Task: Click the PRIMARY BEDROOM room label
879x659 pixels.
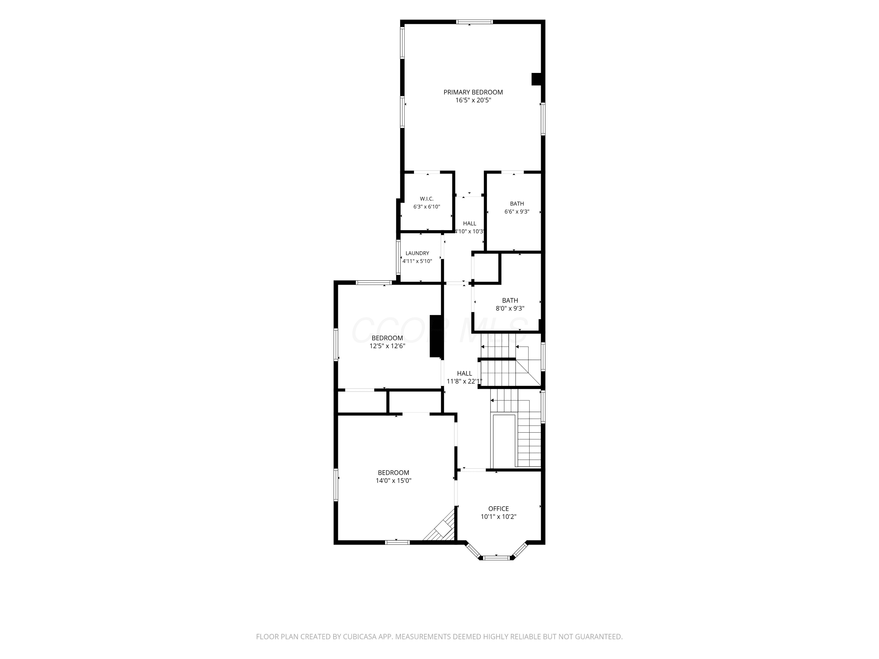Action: coord(473,92)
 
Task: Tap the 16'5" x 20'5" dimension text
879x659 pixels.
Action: coord(473,100)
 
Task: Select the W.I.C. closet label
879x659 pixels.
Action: coord(427,199)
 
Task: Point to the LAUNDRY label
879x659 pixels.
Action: coord(417,253)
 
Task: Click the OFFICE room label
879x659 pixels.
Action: coord(498,508)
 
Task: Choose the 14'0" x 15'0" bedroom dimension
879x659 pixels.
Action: coord(393,481)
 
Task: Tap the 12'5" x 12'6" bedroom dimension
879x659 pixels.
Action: coord(387,346)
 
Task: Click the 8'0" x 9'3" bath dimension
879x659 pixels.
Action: coord(510,308)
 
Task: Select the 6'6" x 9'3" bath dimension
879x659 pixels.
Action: coord(517,212)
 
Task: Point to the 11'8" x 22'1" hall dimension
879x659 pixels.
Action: coord(464,381)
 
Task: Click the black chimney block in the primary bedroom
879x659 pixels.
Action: coord(536,79)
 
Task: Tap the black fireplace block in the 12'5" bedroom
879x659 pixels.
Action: coord(436,336)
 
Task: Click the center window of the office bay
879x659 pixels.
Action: coord(496,558)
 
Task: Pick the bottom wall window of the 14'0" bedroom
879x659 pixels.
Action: coord(397,542)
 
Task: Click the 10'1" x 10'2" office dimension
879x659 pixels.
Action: coord(498,517)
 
